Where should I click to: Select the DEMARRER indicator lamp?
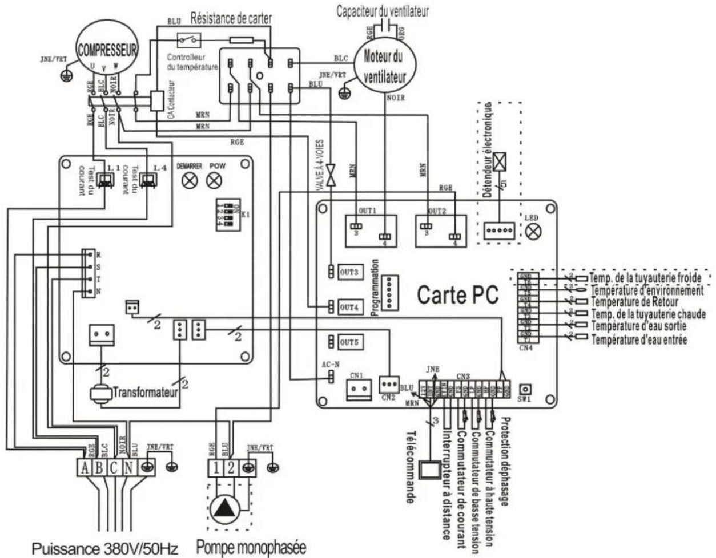click(192, 181)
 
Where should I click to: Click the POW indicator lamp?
click(215, 181)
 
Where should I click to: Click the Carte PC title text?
click(457, 295)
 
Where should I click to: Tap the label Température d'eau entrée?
click(639, 340)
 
